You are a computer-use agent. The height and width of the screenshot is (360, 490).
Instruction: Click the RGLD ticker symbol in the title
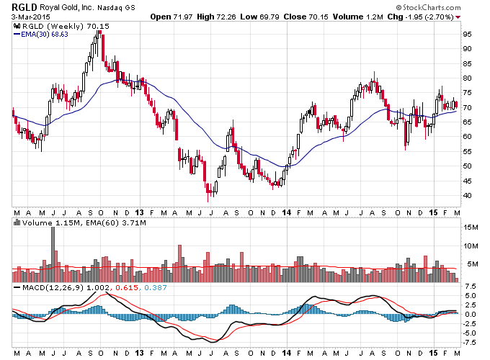tap(24, 7)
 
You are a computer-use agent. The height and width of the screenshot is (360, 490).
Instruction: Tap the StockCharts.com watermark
tap(428, 7)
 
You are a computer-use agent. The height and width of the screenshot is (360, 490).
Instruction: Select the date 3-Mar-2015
tap(31, 17)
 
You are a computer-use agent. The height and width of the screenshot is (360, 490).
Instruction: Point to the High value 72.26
tap(226, 17)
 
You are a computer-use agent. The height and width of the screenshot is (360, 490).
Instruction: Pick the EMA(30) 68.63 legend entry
tap(41, 35)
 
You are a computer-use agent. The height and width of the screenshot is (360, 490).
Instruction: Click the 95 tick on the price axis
tap(467, 35)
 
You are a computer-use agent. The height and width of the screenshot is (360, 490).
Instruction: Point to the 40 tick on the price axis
tap(467, 196)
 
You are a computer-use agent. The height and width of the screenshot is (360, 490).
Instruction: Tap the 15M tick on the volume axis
tap(471, 228)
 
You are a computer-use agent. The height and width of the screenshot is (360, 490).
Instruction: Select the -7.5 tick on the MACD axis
tap(470, 343)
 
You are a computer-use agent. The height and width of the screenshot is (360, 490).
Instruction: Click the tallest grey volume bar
tap(53, 254)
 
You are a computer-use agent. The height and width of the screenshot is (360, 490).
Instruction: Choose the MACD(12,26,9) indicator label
tap(53, 287)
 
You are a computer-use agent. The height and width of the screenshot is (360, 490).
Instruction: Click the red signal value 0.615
tap(127, 287)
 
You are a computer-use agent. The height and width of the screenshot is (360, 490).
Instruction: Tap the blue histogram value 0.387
tap(156, 287)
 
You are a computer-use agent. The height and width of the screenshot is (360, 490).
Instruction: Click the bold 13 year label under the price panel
tap(139, 212)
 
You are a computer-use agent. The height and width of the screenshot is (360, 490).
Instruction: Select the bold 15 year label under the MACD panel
tap(433, 353)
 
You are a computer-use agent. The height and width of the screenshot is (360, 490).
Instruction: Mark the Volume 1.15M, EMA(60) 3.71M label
tap(80, 223)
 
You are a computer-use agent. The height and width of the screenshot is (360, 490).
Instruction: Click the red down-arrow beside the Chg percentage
tap(458, 17)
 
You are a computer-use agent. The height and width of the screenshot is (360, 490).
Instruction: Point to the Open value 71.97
tap(183, 17)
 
